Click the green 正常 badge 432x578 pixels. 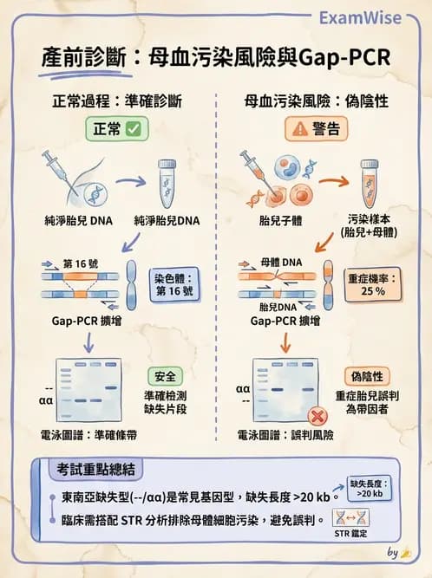(x=116, y=128)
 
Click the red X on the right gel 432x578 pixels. (x=317, y=414)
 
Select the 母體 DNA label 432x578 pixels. (x=281, y=260)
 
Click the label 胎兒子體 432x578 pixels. (x=274, y=220)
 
